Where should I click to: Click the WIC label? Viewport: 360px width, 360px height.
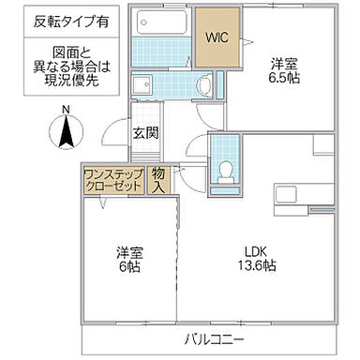217,38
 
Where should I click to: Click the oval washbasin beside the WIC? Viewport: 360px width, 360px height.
203,85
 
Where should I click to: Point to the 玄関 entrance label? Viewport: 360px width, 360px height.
145,132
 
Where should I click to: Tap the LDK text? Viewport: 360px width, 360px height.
254,250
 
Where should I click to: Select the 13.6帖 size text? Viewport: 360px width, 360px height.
254,267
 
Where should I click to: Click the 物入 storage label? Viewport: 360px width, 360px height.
158,180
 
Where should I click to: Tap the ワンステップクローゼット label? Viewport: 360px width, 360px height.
113,180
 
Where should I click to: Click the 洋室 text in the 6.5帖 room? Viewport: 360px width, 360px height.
285,64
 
